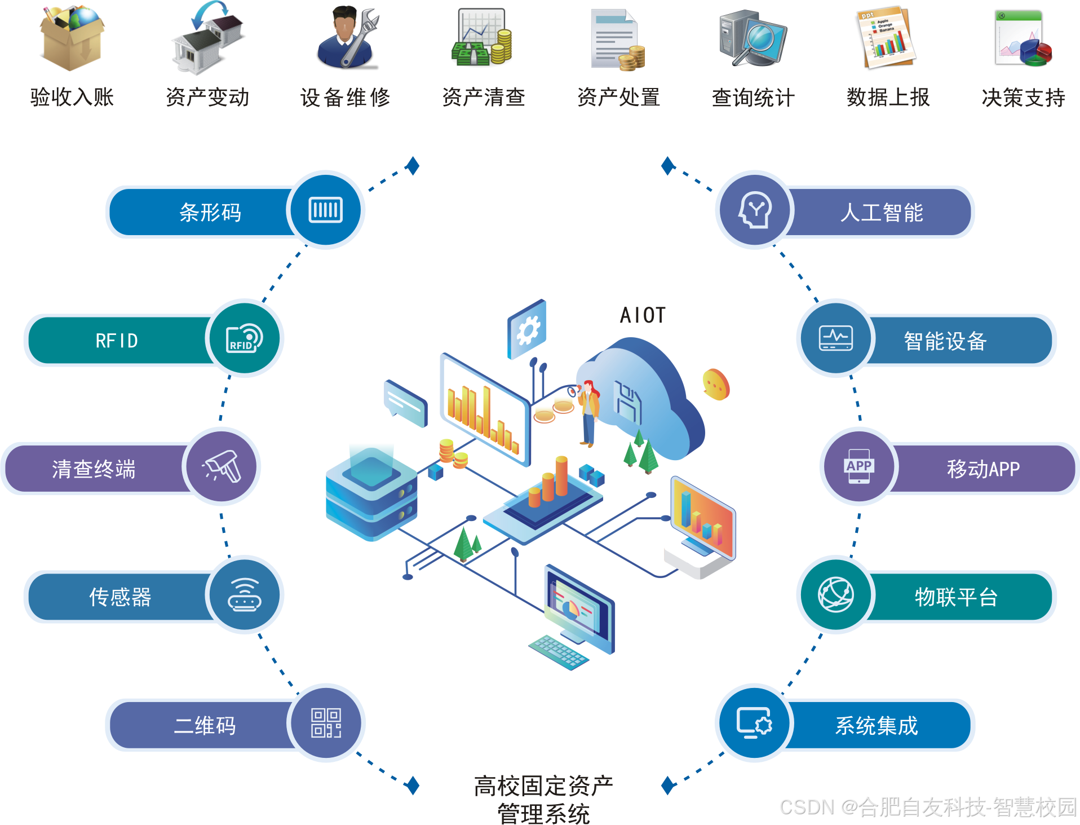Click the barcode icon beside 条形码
point(326,210)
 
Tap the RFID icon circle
point(245,338)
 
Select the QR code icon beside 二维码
point(326,723)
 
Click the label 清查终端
point(94,469)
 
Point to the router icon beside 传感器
point(245,595)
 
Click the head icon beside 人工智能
point(755,210)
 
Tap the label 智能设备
point(945,341)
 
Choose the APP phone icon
point(859,466)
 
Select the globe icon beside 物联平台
point(835,595)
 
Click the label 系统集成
point(877,726)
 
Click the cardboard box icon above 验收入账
point(72,38)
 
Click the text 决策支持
point(1023,98)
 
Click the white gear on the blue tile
point(528,330)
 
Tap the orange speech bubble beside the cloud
point(716,385)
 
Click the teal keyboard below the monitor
point(559,652)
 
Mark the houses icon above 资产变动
point(207,38)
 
